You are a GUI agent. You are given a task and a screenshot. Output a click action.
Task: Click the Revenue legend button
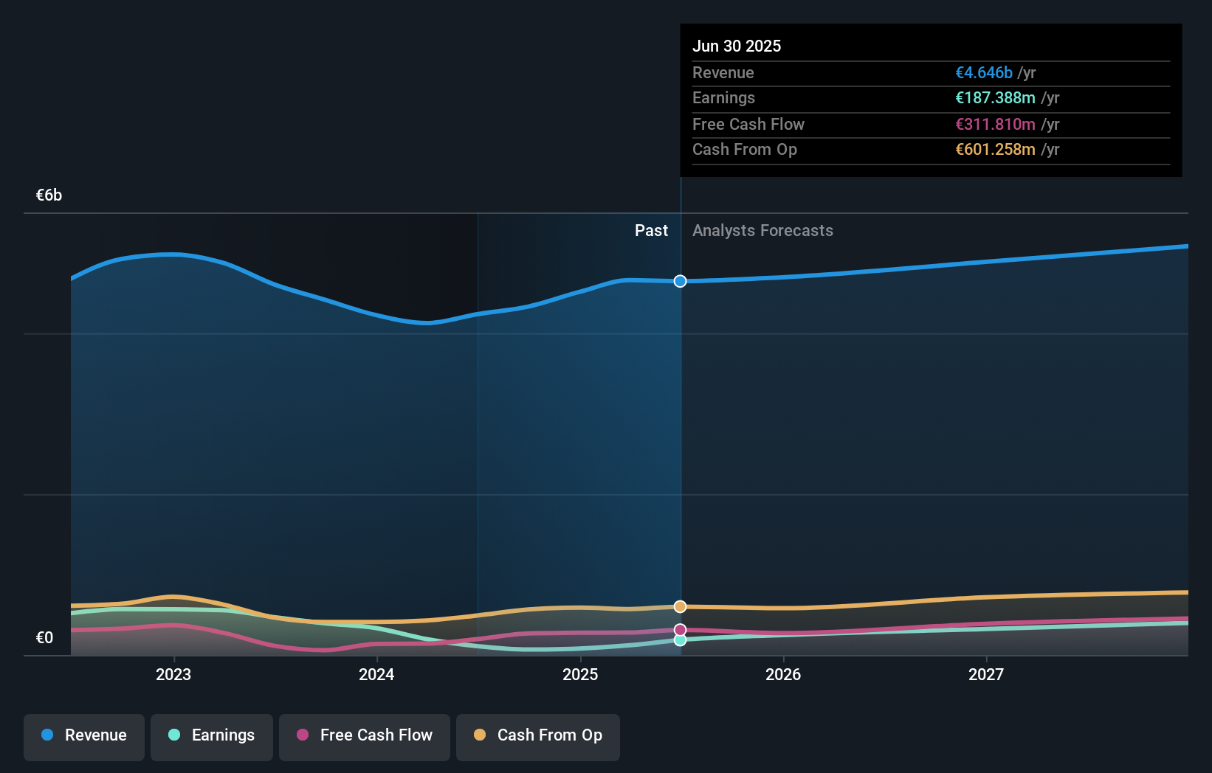click(x=84, y=736)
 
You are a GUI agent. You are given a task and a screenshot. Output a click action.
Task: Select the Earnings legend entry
click(x=212, y=736)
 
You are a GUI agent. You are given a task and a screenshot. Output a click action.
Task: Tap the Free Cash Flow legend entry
click(x=365, y=736)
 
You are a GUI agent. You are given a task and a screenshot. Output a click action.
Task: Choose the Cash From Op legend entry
click(x=538, y=736)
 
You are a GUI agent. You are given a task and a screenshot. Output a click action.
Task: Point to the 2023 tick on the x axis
click(x=173, y=674)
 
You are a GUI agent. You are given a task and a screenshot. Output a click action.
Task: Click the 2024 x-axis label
click(x=376, y=674)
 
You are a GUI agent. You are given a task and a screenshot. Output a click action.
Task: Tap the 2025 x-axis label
click(x=580, y=674)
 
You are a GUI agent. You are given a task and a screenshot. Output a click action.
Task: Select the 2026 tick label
click(x=783, y=674)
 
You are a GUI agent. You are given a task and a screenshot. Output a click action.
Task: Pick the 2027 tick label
click(x=986, y=674)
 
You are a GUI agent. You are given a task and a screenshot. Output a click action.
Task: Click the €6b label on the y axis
click(x=49, y=195)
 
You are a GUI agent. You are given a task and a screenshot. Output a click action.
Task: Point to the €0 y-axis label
click(x=44, y=638)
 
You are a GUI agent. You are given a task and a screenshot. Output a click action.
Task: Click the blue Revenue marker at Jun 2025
click(x=680, y=281)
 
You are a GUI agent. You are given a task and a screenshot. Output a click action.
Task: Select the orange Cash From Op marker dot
click(x=680, y=606)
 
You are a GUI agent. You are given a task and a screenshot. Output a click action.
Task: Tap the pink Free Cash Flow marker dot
click(x=680, y=630)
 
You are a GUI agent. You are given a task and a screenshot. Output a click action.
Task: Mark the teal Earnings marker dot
click(x=680, y=640)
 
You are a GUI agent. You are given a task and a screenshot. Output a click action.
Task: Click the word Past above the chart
click(x=651, y=231)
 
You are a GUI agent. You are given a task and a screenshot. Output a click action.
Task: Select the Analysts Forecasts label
click(x=762, y=231)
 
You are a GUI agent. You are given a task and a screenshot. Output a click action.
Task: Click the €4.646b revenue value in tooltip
click(x=983, y=73)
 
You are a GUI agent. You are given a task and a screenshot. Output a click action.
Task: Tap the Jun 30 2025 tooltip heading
click(x=736, y=46)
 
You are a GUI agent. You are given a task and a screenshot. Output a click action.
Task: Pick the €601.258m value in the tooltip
click(x=995, y=150)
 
